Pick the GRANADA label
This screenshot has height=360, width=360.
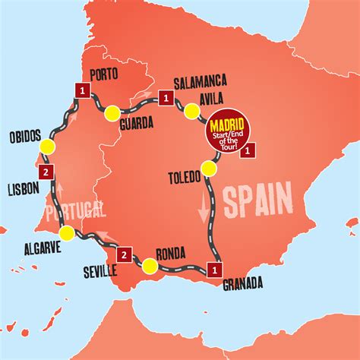(243, 284)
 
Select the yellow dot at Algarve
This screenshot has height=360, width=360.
(68, 233)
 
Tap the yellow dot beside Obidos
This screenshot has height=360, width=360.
(49, 147)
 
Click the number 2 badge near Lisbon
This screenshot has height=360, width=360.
(47, 173)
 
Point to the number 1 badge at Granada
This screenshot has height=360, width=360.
(217, 268)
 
